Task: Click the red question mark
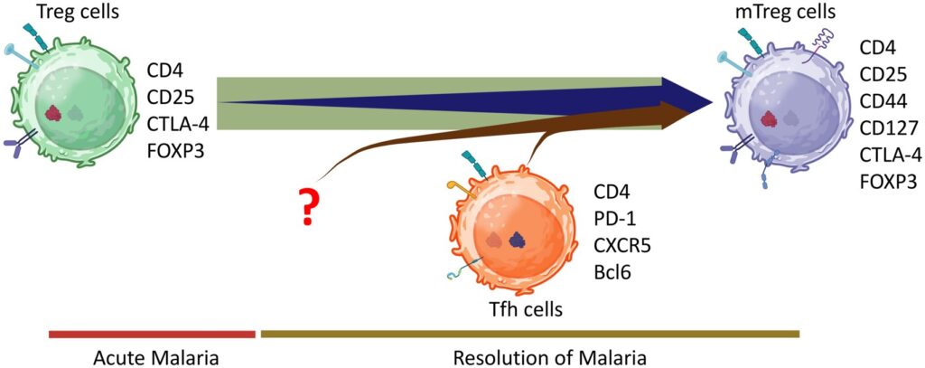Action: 310,208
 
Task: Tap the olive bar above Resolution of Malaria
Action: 529,334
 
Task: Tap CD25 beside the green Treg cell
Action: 170,96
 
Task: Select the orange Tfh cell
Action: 506,231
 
